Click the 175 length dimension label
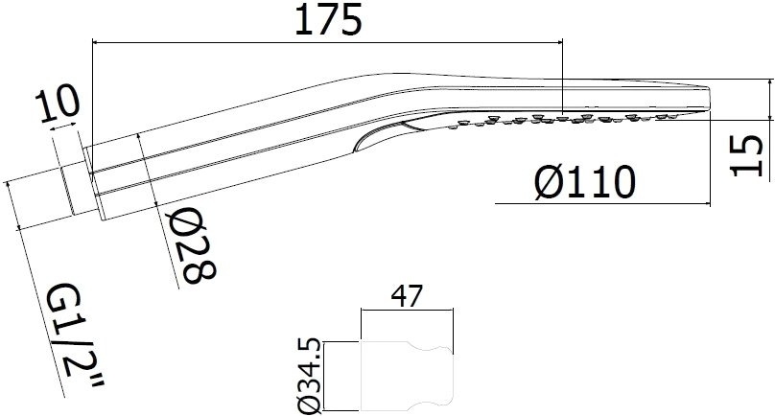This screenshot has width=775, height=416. coord(328,20)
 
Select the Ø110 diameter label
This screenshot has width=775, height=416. coord(585,182)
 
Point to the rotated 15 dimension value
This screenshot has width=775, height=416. coord(747,155)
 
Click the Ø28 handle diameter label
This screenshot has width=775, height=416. coord(191,246)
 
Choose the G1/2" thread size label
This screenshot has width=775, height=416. coord(75,335)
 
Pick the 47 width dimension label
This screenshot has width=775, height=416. coord(407,296)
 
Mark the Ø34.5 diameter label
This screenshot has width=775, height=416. coord(309,377)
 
